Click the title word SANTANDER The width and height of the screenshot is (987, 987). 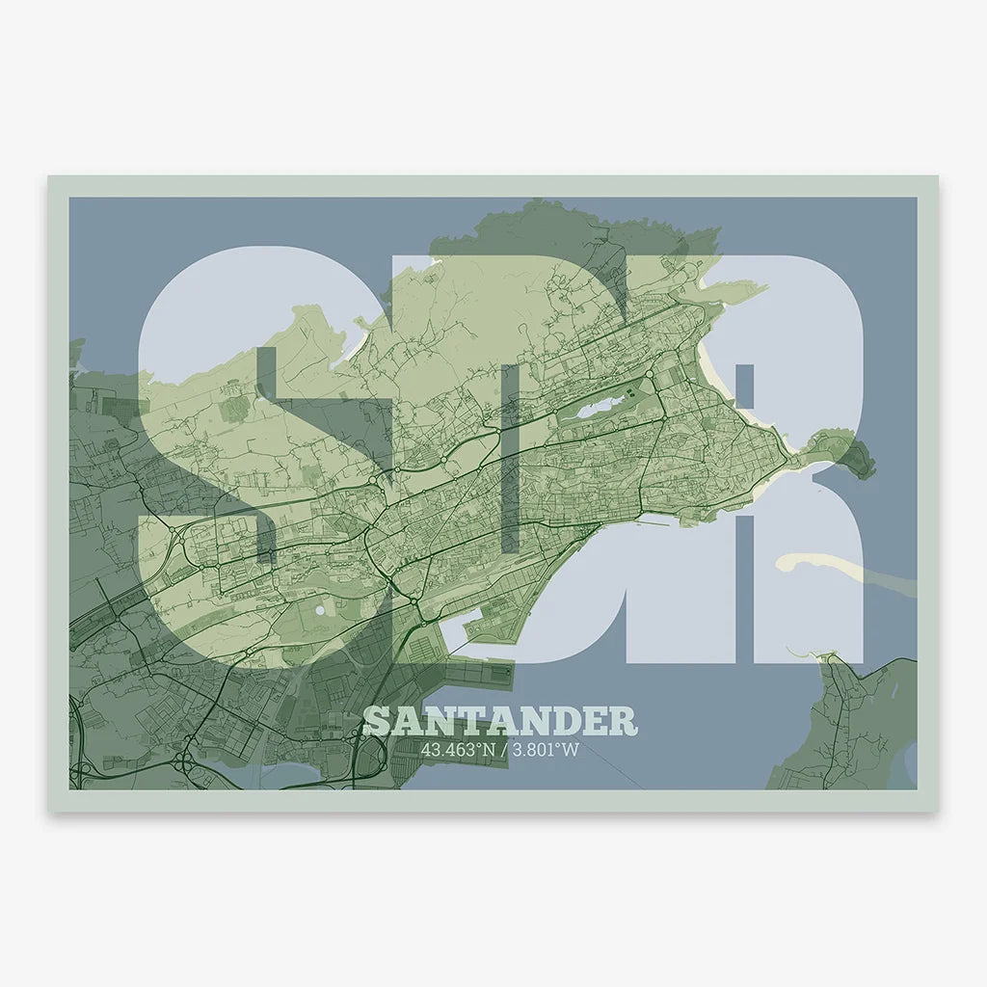click(x=500, y=722)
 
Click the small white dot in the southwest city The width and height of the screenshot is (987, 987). click(x=319, y=610)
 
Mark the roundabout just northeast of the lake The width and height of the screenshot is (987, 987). click(x=651, y=375)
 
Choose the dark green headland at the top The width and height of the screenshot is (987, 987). click(x=578, y=227)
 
